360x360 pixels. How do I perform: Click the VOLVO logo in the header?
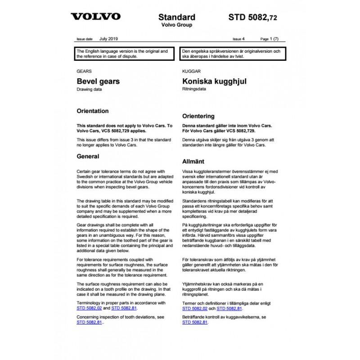click(x=96, y=17)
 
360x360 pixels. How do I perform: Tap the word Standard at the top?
click(x=177, y=18)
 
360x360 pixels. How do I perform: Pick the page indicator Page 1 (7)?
click(x=270, y=39)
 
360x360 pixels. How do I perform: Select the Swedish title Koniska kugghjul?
click(x=214, y=82)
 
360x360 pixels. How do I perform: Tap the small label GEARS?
click(x=84, y=71)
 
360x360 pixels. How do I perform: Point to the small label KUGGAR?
click(x=191, y=71)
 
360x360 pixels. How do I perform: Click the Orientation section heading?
click(x=93, y=111)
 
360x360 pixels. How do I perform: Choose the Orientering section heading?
click(x=198, y=116)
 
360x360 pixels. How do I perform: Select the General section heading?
click(x=88, y=157)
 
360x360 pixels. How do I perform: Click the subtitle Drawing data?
click(x=90, y=90)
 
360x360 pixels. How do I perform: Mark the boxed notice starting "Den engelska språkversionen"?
click(x=233, y=54)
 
